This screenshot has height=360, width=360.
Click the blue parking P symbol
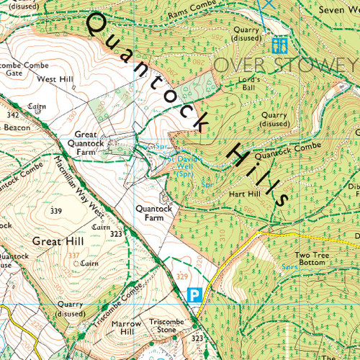pos(193,294)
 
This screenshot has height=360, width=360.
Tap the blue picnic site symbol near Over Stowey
pos(280,45)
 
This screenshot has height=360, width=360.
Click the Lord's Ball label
pos(248,84)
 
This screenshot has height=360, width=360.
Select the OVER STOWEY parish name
pos(287,65)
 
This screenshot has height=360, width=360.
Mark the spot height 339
pos(56,212)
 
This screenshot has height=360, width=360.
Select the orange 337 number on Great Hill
pos(72,255)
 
